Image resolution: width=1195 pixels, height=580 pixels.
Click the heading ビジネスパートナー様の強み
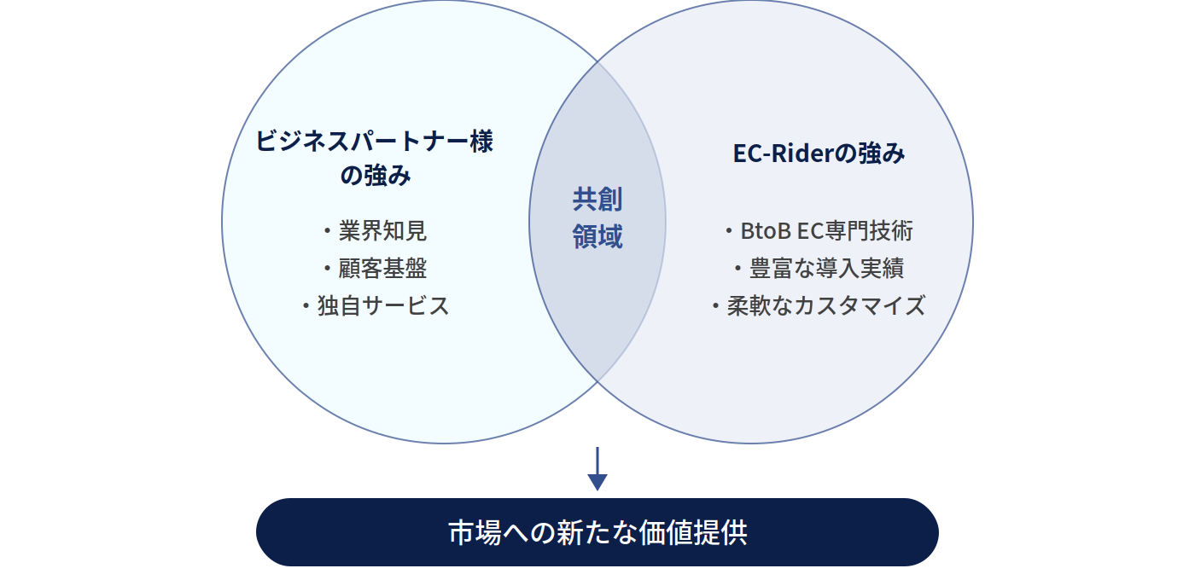[x=375, y=159]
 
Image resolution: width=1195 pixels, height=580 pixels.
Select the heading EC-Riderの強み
[x=819, y=154]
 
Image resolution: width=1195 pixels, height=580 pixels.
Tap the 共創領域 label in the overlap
[x=597, y=217]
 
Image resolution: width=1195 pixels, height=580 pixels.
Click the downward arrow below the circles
[x=597, y=468]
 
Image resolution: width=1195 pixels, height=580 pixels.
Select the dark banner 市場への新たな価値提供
[x=597, y=532]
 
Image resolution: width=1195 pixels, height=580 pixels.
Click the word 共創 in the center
[x=597, y=200]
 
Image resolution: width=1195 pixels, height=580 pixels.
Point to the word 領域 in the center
[x=597, y=236]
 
